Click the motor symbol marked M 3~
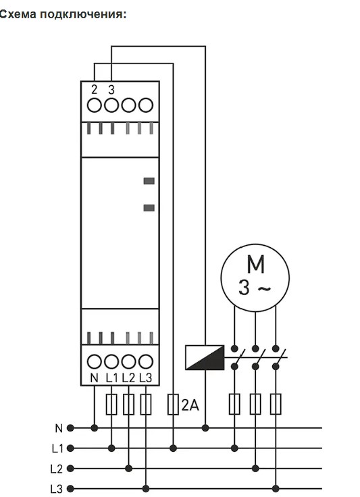(255, 278)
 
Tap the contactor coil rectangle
(205, 357)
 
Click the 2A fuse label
(190, 404)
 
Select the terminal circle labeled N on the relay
(94, 361)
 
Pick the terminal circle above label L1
(111, 361)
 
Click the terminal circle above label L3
(146, 361)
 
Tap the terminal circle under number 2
(94, 105)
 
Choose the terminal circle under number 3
(111, 105)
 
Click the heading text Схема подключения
(63, 15)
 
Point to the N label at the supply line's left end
(59, 429)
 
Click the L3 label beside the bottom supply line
(57, 488)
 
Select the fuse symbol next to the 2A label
(173, 404)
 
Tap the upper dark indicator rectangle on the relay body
(149, 181)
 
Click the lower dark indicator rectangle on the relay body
(149, 208)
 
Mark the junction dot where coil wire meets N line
(205, 428)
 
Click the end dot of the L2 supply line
(70, 468)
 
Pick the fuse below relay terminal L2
(128, 404)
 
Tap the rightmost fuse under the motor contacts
(276, 404)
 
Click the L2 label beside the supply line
(57, 469)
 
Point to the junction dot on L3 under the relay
(146, 488)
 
